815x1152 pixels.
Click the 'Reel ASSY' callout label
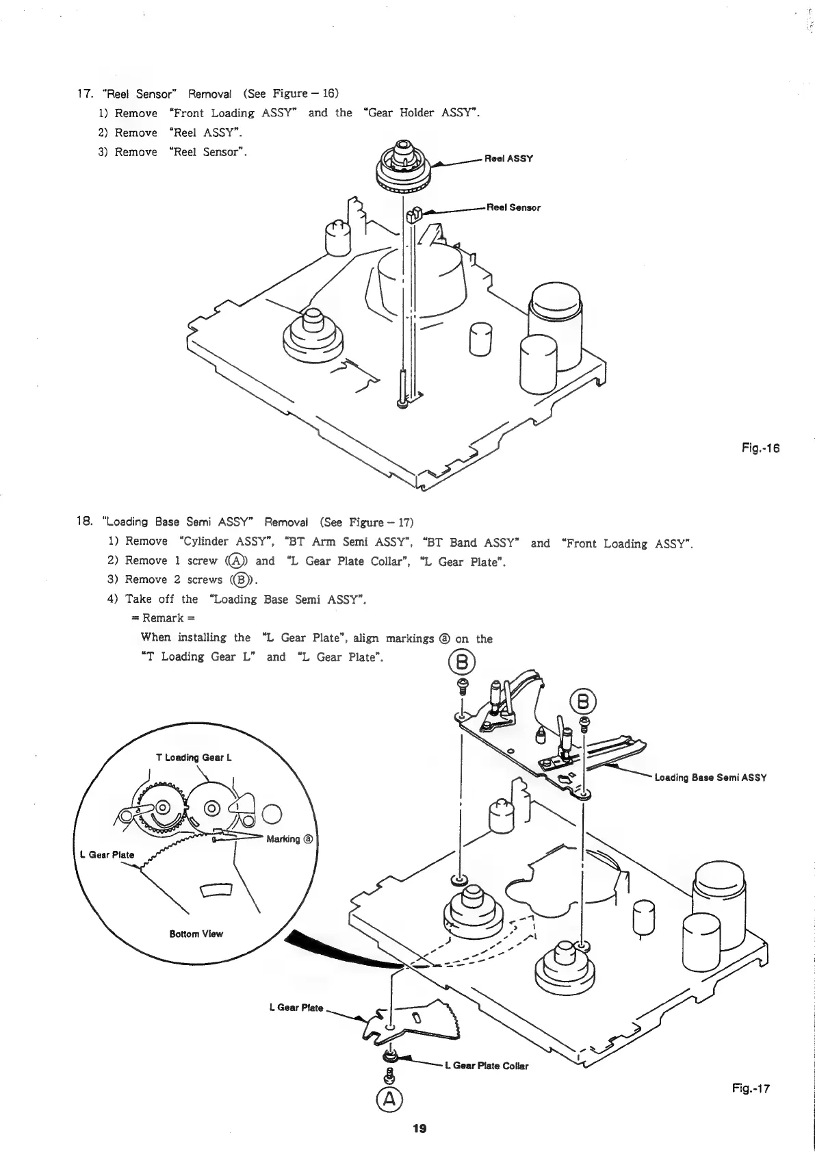(x=508, y=159)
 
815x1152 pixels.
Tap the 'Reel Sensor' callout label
(x=513, y=207)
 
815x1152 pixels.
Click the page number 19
(x=419, y=1129)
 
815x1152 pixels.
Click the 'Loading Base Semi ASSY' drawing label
(x=710, y=778)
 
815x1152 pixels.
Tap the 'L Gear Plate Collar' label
(x=487, y=1066)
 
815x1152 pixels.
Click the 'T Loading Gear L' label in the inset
(x=194, y=757)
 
